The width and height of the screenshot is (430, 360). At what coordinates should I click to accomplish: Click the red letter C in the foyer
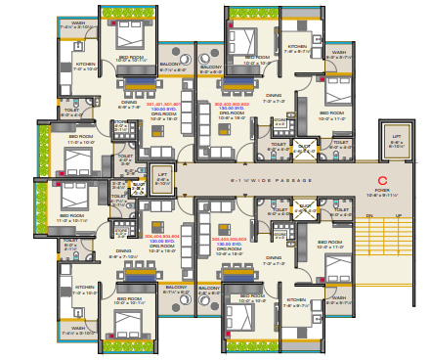(383, 180)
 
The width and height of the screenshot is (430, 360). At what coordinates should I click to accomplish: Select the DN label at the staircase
(369, 216)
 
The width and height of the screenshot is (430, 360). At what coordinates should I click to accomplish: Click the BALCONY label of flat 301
(172, 67)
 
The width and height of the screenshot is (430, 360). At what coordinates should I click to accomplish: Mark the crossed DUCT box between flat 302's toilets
(305, 147)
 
